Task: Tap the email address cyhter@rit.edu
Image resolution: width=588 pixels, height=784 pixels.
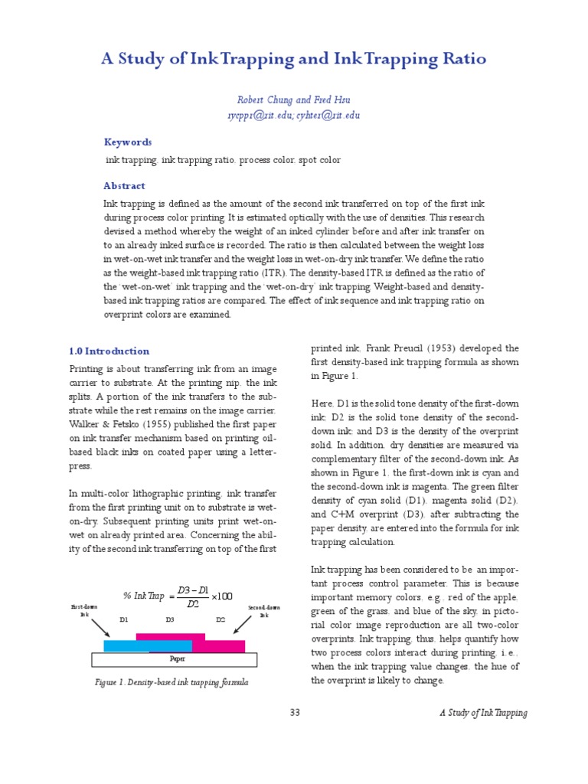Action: click(x=328, y=116)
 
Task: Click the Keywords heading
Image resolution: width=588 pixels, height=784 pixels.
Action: click(x=128, y=142)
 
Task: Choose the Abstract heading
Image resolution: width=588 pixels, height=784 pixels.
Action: click(x=124, y=185)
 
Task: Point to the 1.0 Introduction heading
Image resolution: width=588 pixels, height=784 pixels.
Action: click(x=109, y=351)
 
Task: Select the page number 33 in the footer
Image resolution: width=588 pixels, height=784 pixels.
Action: click(x=295, y=713)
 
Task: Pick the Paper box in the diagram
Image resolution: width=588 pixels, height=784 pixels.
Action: click(x=177, y=658)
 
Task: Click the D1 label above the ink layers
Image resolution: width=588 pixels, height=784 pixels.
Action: click(x=123, y=619)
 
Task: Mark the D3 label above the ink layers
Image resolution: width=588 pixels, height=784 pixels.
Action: click(x=169, y=619)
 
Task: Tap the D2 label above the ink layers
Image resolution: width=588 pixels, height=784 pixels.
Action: click(x=220, y=619)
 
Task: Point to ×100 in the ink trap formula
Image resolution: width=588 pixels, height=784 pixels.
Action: click(x=221, y=596)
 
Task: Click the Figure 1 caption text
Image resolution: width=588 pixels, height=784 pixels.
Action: click(x=171, y=681)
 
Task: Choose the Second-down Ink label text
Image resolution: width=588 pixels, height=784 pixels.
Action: click(x=263, y=611)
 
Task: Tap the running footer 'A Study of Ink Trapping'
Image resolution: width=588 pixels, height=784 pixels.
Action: click(x=483, y=713)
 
